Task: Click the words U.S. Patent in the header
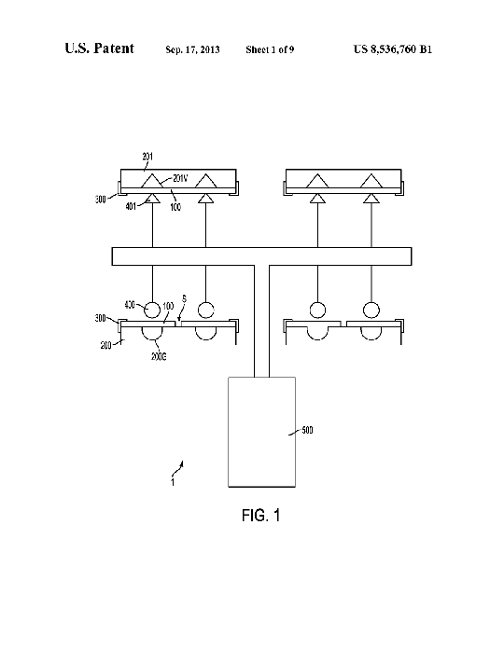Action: click(x=99, y=48)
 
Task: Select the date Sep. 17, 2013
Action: click(x=192, y=49)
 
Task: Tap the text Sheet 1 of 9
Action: click(x=270, y=49)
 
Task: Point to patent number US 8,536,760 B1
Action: click(x=393, y=49)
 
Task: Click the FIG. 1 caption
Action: click(x=261, y=516)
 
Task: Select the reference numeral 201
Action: click(x=147, y=156)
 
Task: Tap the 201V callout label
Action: click(x=180, y=178)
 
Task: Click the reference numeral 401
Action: click(x=131, y=206)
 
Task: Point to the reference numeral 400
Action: click(x=130, y=305)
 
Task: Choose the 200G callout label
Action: click(x=159, y=356)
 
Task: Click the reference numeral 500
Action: click(x=307, y=430)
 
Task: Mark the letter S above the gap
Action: click(x=184, y=298)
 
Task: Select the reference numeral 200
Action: click(x=105, y=345)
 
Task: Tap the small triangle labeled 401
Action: click(x=152, y=199)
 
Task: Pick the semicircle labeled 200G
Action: click(x=152, y=339)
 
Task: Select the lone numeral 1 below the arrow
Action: click(x=173, y=483)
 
